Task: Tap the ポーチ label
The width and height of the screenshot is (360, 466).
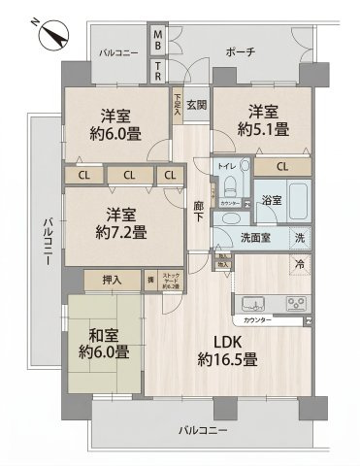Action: (x=240, y=52)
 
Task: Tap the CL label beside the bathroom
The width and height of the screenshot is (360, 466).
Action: (x=281, y=167)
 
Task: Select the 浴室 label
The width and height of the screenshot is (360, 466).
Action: (x=271, y=201)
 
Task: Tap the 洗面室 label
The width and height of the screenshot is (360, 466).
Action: (x=255, y=238)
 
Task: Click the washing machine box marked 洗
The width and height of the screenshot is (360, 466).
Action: (x=299, y=238)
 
